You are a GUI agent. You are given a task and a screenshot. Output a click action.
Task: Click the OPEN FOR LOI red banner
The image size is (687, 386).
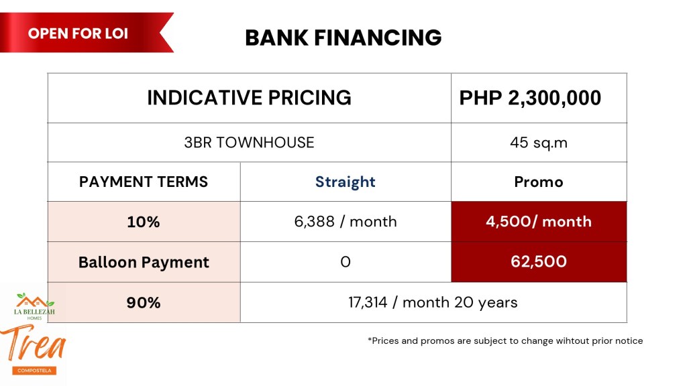point(83,33)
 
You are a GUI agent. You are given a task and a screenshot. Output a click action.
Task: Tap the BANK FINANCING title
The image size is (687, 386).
point(343,38)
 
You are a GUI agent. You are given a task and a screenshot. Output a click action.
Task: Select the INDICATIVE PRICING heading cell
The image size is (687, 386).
point(250,98)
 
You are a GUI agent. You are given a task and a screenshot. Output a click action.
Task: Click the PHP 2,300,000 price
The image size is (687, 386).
point(530,98)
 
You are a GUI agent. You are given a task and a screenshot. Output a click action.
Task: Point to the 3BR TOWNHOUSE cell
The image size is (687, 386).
point(250,143)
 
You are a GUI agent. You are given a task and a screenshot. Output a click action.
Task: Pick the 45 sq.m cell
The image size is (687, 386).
point(539,143)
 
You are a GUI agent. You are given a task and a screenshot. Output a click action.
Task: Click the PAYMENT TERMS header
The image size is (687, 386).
point(144,182)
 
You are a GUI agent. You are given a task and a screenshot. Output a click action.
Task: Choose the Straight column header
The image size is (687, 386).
point(346,182)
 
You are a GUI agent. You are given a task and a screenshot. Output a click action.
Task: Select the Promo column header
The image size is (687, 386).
point(539,182)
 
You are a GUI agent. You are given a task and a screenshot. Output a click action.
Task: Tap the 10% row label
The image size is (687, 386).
point(144,222)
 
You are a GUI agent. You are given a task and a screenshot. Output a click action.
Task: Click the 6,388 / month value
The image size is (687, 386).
point(346,221)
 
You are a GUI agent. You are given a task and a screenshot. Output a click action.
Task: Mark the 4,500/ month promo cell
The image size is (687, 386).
point(539,221)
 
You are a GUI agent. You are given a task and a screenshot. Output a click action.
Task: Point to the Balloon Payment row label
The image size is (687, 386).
point(144,262)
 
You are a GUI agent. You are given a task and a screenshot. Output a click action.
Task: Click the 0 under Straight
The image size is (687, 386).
point(346,262)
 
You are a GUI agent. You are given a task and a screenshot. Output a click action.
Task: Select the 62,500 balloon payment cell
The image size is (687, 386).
point(539,262)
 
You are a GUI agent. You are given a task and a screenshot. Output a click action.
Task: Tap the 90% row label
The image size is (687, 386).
point(144,302)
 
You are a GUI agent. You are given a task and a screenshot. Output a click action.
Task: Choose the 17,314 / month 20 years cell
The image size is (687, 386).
point(433,302)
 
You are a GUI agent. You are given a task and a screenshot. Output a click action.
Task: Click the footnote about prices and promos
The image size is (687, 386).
point(505,340)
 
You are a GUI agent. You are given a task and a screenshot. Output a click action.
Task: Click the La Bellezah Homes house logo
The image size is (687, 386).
point(35,306)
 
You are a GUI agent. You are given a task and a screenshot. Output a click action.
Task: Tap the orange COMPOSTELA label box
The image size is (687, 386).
point(35,370)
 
